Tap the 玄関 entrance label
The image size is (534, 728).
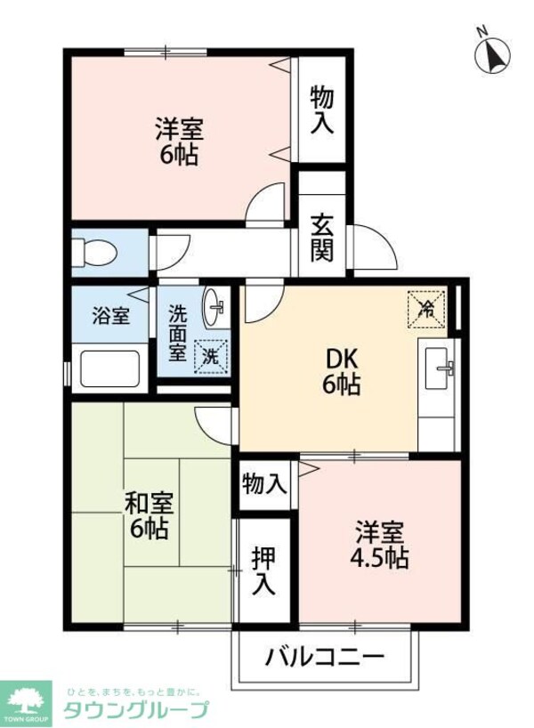(321, 239)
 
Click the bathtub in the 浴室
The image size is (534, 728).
(110, 368)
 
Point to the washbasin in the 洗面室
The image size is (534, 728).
(214, 308)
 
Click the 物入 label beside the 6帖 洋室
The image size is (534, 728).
(321, 109)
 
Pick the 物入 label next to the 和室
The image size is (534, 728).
(264, 484)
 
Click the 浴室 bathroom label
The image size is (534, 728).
(111, 316)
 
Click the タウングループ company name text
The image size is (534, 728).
(135, 709)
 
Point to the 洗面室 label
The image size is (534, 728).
(178, 333)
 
